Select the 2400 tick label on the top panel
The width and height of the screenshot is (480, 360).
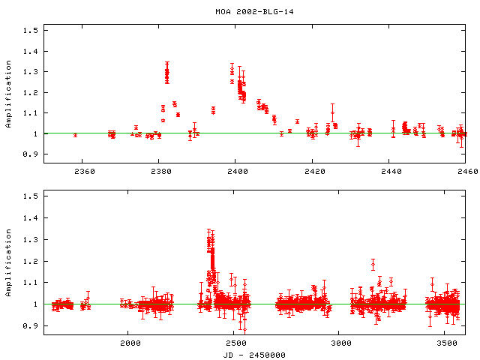pyautogui.click(x=235, y=172)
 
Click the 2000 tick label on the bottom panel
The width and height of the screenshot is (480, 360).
pyautogui.click(x=130, y=343)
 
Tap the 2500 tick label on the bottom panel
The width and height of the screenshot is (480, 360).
pyautogui.click(x=235, y=343)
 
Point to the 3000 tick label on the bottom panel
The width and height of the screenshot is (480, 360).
pyautogui.click(x=340, y=343)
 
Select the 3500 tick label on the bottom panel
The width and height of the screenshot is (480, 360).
pyautogui.click(x=445, y=343)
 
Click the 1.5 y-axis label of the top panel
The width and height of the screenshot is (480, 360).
pyautogui.click(x=30, y=31)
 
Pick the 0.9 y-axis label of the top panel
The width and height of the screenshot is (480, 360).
pyautogui.click(x=30, y=154)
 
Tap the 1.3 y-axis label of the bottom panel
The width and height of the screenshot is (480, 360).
pyautogui.click(x=30, y=240)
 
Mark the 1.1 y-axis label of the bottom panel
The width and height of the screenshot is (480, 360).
pyautogui.click(x=30, y=283)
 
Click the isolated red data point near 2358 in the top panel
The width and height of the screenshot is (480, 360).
pyautogui.click(x=75, y=135)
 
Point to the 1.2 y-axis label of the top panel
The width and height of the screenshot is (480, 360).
pyautogui.click(x=30, y=92)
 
